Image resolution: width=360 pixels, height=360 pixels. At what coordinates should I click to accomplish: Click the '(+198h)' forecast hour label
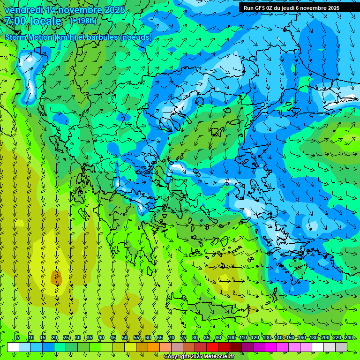[84, 21]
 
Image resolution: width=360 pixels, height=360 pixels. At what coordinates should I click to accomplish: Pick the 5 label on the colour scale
[18, 337]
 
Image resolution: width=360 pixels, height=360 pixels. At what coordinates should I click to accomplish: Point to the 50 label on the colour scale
[125, 337]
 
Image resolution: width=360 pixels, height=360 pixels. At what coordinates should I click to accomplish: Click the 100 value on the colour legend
[231, 337]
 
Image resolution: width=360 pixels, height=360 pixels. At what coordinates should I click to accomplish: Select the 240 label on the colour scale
[349, 337]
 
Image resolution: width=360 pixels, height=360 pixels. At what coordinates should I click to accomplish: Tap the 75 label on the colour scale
[183, 337]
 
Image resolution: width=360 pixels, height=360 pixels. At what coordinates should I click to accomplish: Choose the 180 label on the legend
[313, 337]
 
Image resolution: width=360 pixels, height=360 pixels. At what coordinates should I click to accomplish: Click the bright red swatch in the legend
[212, 347]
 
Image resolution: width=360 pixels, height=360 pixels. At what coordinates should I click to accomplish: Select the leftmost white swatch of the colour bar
[13, 347]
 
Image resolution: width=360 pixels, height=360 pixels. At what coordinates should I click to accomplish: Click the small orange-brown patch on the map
[56, 278]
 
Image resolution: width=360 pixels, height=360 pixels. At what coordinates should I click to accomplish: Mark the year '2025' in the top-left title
[114, 10]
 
